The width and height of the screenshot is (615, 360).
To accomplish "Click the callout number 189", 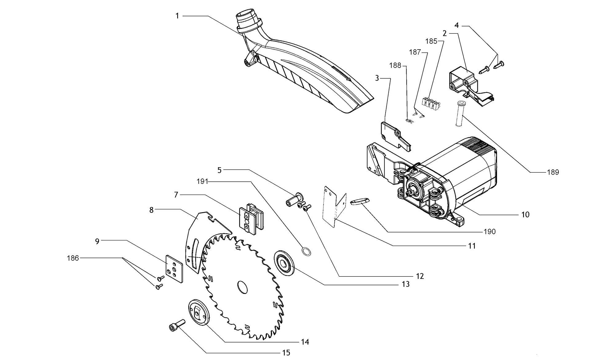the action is [553, 172].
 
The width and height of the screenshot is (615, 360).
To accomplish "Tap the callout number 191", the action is [203, 182].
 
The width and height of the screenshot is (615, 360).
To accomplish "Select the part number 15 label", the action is [286, 353].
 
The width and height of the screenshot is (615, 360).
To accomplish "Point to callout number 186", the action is [73, 258].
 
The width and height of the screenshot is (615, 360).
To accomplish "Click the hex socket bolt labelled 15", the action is [176, 325].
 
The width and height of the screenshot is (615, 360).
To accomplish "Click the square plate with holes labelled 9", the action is [174, 268].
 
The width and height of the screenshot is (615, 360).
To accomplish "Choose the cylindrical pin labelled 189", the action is [459, 113].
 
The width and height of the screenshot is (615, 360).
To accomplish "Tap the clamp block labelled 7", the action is [252, 220].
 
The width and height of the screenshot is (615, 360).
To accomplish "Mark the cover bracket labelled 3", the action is [396, 136].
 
